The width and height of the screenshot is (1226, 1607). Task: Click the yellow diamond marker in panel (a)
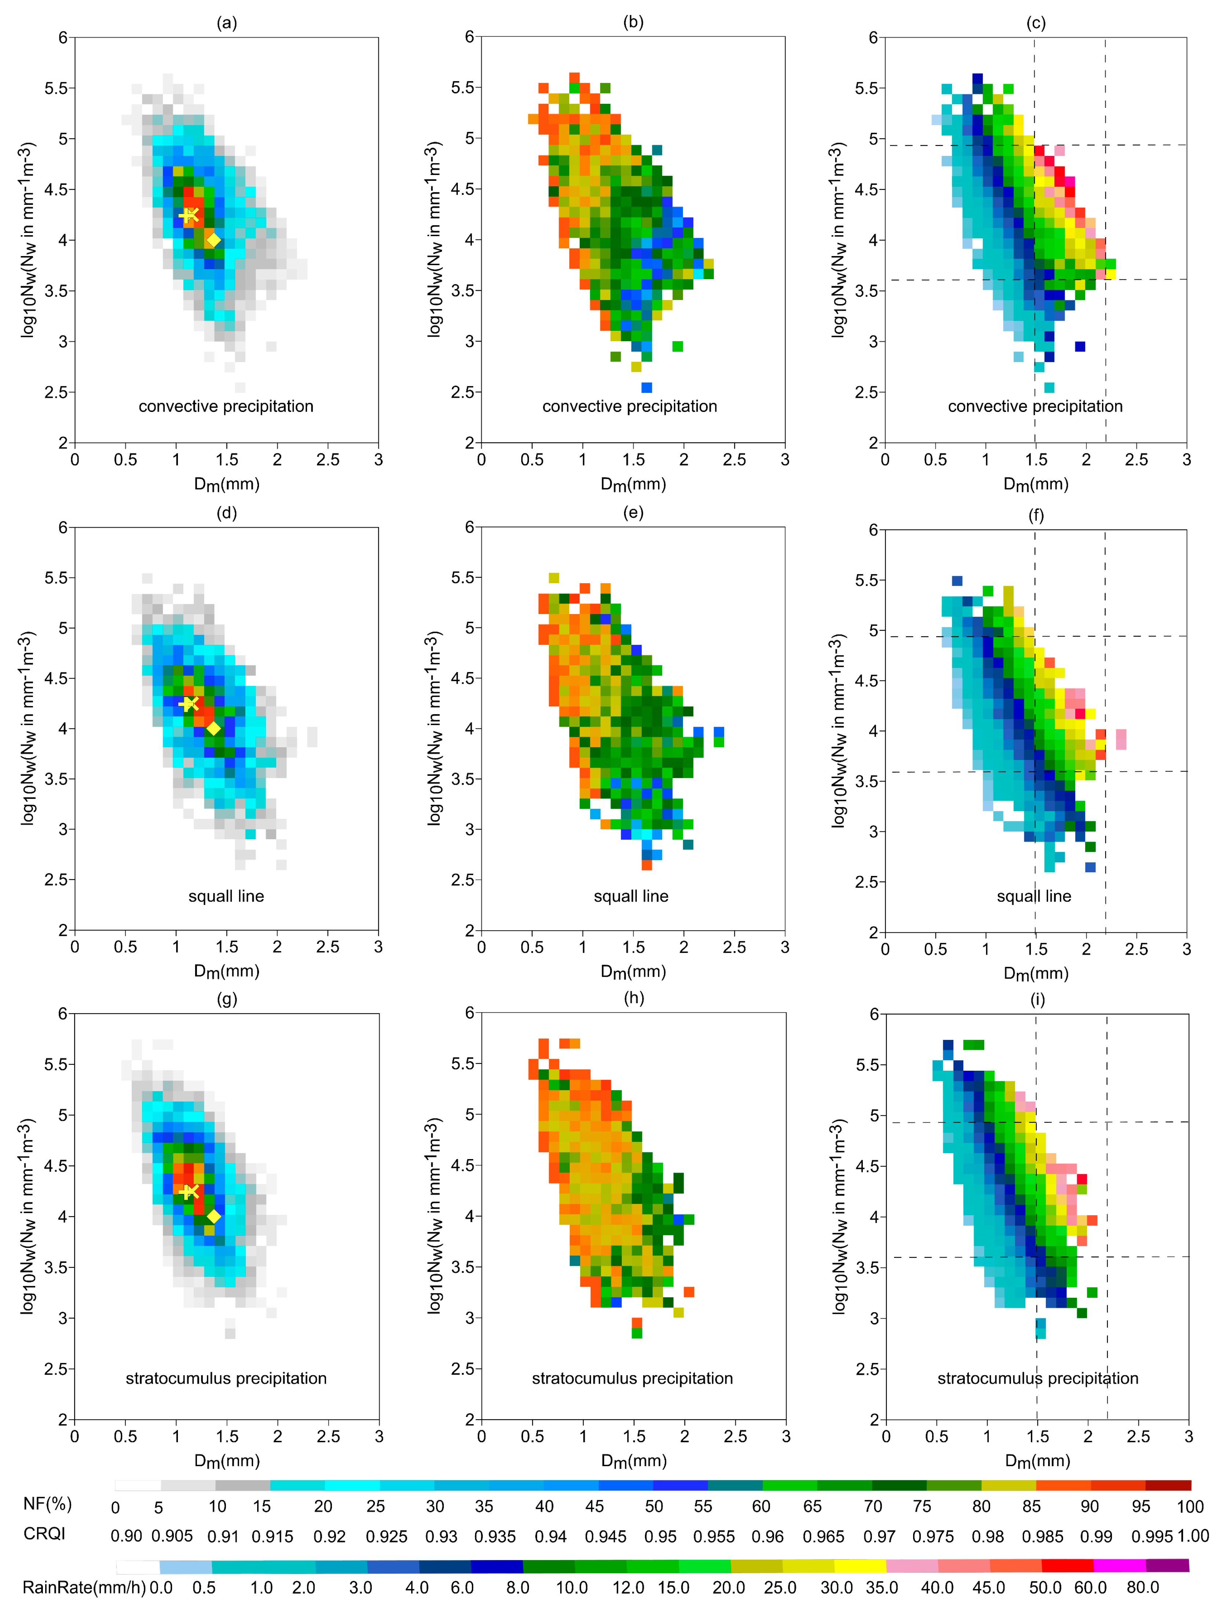pyautogui.click(x=213, y=240)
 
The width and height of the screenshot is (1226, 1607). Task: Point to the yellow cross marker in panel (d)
pyautogui.click(x=189, y=704)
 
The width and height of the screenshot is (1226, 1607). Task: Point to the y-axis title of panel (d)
pyautogui.click(x=27, y=728)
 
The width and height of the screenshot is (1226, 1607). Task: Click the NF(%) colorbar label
pyautogui.click(x=47, y=1503)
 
